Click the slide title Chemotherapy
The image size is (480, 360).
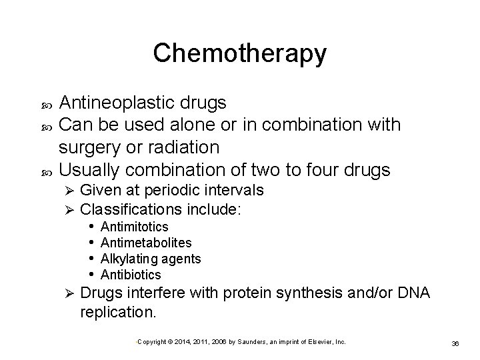click(x=239, y=53)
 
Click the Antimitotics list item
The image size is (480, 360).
click(x=134, y=228)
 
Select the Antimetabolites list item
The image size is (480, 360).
click(x=145, y=243)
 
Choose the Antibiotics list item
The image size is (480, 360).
click(x=131, y=274)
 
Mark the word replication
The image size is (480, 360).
click(x=117, y=311)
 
